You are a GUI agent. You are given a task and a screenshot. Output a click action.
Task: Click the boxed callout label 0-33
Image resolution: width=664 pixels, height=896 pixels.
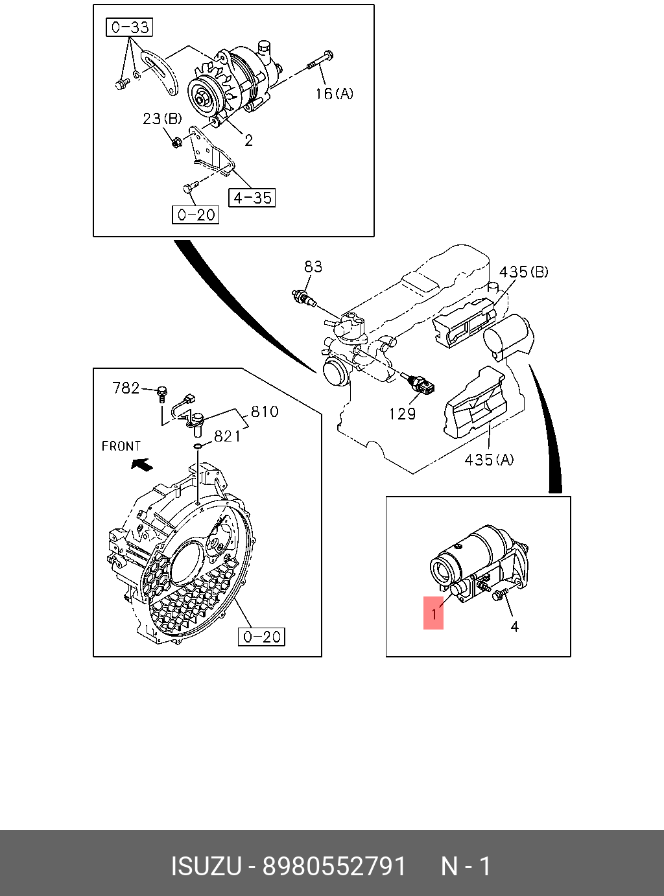tap(129, 27)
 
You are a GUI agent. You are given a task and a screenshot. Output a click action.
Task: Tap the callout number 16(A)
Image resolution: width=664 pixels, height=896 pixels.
tap(334, 94)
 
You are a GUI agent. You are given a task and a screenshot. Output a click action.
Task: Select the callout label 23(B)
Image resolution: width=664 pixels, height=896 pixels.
tap(162, 119)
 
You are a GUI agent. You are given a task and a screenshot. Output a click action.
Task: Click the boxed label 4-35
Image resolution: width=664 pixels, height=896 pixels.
tap(252, 197)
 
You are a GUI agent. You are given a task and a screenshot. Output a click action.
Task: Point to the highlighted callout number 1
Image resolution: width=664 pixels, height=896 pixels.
tap(434, 613)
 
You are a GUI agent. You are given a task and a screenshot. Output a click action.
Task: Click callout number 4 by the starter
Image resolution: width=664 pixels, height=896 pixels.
tap(514, 626)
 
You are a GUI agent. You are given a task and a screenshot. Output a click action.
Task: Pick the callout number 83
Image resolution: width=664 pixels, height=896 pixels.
tap(313, 266)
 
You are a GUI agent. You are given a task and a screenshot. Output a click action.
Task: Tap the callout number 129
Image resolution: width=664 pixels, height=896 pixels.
tap(402, 413)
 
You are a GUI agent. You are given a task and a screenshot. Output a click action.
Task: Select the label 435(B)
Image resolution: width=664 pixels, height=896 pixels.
tap(523, 272)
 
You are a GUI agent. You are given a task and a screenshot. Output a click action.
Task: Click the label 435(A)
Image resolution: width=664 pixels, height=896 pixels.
tap(489, 460)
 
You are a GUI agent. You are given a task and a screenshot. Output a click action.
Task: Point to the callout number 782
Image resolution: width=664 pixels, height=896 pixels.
tap(126, 388)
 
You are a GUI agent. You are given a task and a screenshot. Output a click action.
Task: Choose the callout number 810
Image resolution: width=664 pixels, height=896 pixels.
tap(265, 411)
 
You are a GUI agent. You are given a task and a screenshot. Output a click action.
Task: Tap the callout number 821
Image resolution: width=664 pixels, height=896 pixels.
tap(227, 436)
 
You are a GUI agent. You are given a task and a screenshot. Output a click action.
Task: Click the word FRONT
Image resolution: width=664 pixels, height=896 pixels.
tap(121, 446)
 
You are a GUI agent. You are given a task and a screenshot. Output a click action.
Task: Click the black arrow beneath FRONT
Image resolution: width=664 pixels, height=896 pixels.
tap(141, 464)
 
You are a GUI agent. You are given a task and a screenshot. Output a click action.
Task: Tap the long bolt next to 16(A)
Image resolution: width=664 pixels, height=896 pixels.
tap(319, 62)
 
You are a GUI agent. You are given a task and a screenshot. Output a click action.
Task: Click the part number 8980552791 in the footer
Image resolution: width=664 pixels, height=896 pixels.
tap(334, 866)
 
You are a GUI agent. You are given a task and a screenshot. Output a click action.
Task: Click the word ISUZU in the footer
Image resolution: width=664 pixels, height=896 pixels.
tap(206, 866)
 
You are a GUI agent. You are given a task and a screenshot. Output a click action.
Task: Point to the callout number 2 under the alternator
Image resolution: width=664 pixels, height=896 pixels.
tap(248, 140)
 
